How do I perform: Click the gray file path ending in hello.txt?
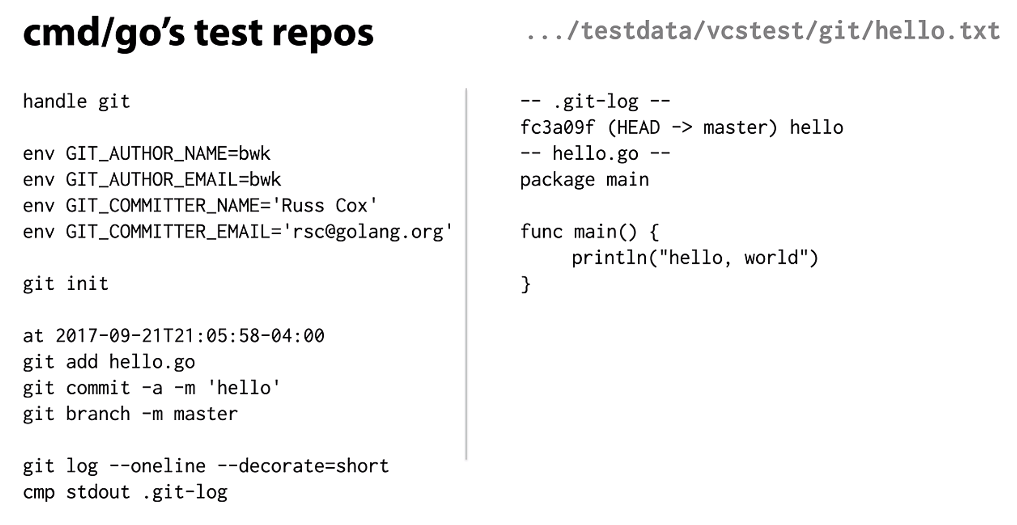(x=763, y=31)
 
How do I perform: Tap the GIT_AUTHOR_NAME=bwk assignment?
(x=168, y=154)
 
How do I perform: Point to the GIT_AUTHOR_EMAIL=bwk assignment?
(x=173, y=179)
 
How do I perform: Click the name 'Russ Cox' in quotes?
(x=324, y=205)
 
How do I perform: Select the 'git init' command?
(x=65, y=284)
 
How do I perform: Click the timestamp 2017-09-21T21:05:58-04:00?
(x=190, y=336)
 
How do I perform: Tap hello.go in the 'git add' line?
(x=152, y=362)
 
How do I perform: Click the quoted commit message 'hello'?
(x=244, y=388)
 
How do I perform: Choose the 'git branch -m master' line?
(x=130, y=414)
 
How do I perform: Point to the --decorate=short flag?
(x=303, y=466)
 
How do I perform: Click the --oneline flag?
(x=157, y=466)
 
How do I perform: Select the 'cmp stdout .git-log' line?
(x=125, y=492)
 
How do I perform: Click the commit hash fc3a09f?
(x=557, y=128)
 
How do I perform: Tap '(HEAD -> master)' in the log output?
(x=692, y=128)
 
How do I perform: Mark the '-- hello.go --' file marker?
(x=595, y=154)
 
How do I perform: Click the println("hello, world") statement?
(x=695, y=258)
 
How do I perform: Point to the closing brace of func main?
(x=525, y=284)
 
